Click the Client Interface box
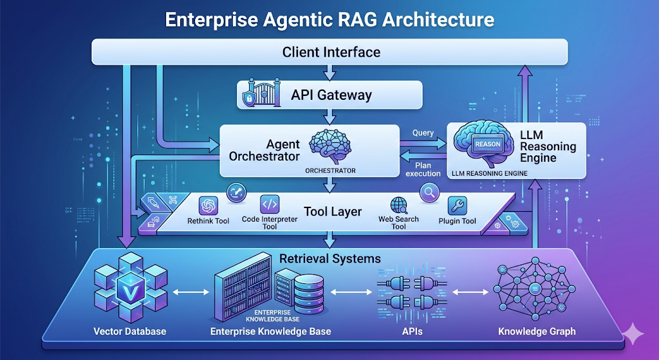click(x=329, y=52)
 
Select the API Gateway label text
click(x=331, y=95)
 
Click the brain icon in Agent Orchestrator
click(x=329, y=147)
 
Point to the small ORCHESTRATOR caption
click(x=329, y=171)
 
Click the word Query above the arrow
click(x=423, y=133)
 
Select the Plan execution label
click(x=423, y=169)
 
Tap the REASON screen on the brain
click(x=487, y=144)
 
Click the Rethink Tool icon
click(x=209, y=205)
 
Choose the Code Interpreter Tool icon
click(x=269, y=205)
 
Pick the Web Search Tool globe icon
click(x=398, y=205)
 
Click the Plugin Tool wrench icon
click(x=458, y=205)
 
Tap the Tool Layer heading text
click(x=332, y=212)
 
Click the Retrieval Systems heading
click(x=329, y=258)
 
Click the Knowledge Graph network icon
click(x=536, y=290)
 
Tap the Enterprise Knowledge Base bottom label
click(x=270, y=332)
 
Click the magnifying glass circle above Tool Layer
click(x=429, y=191)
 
